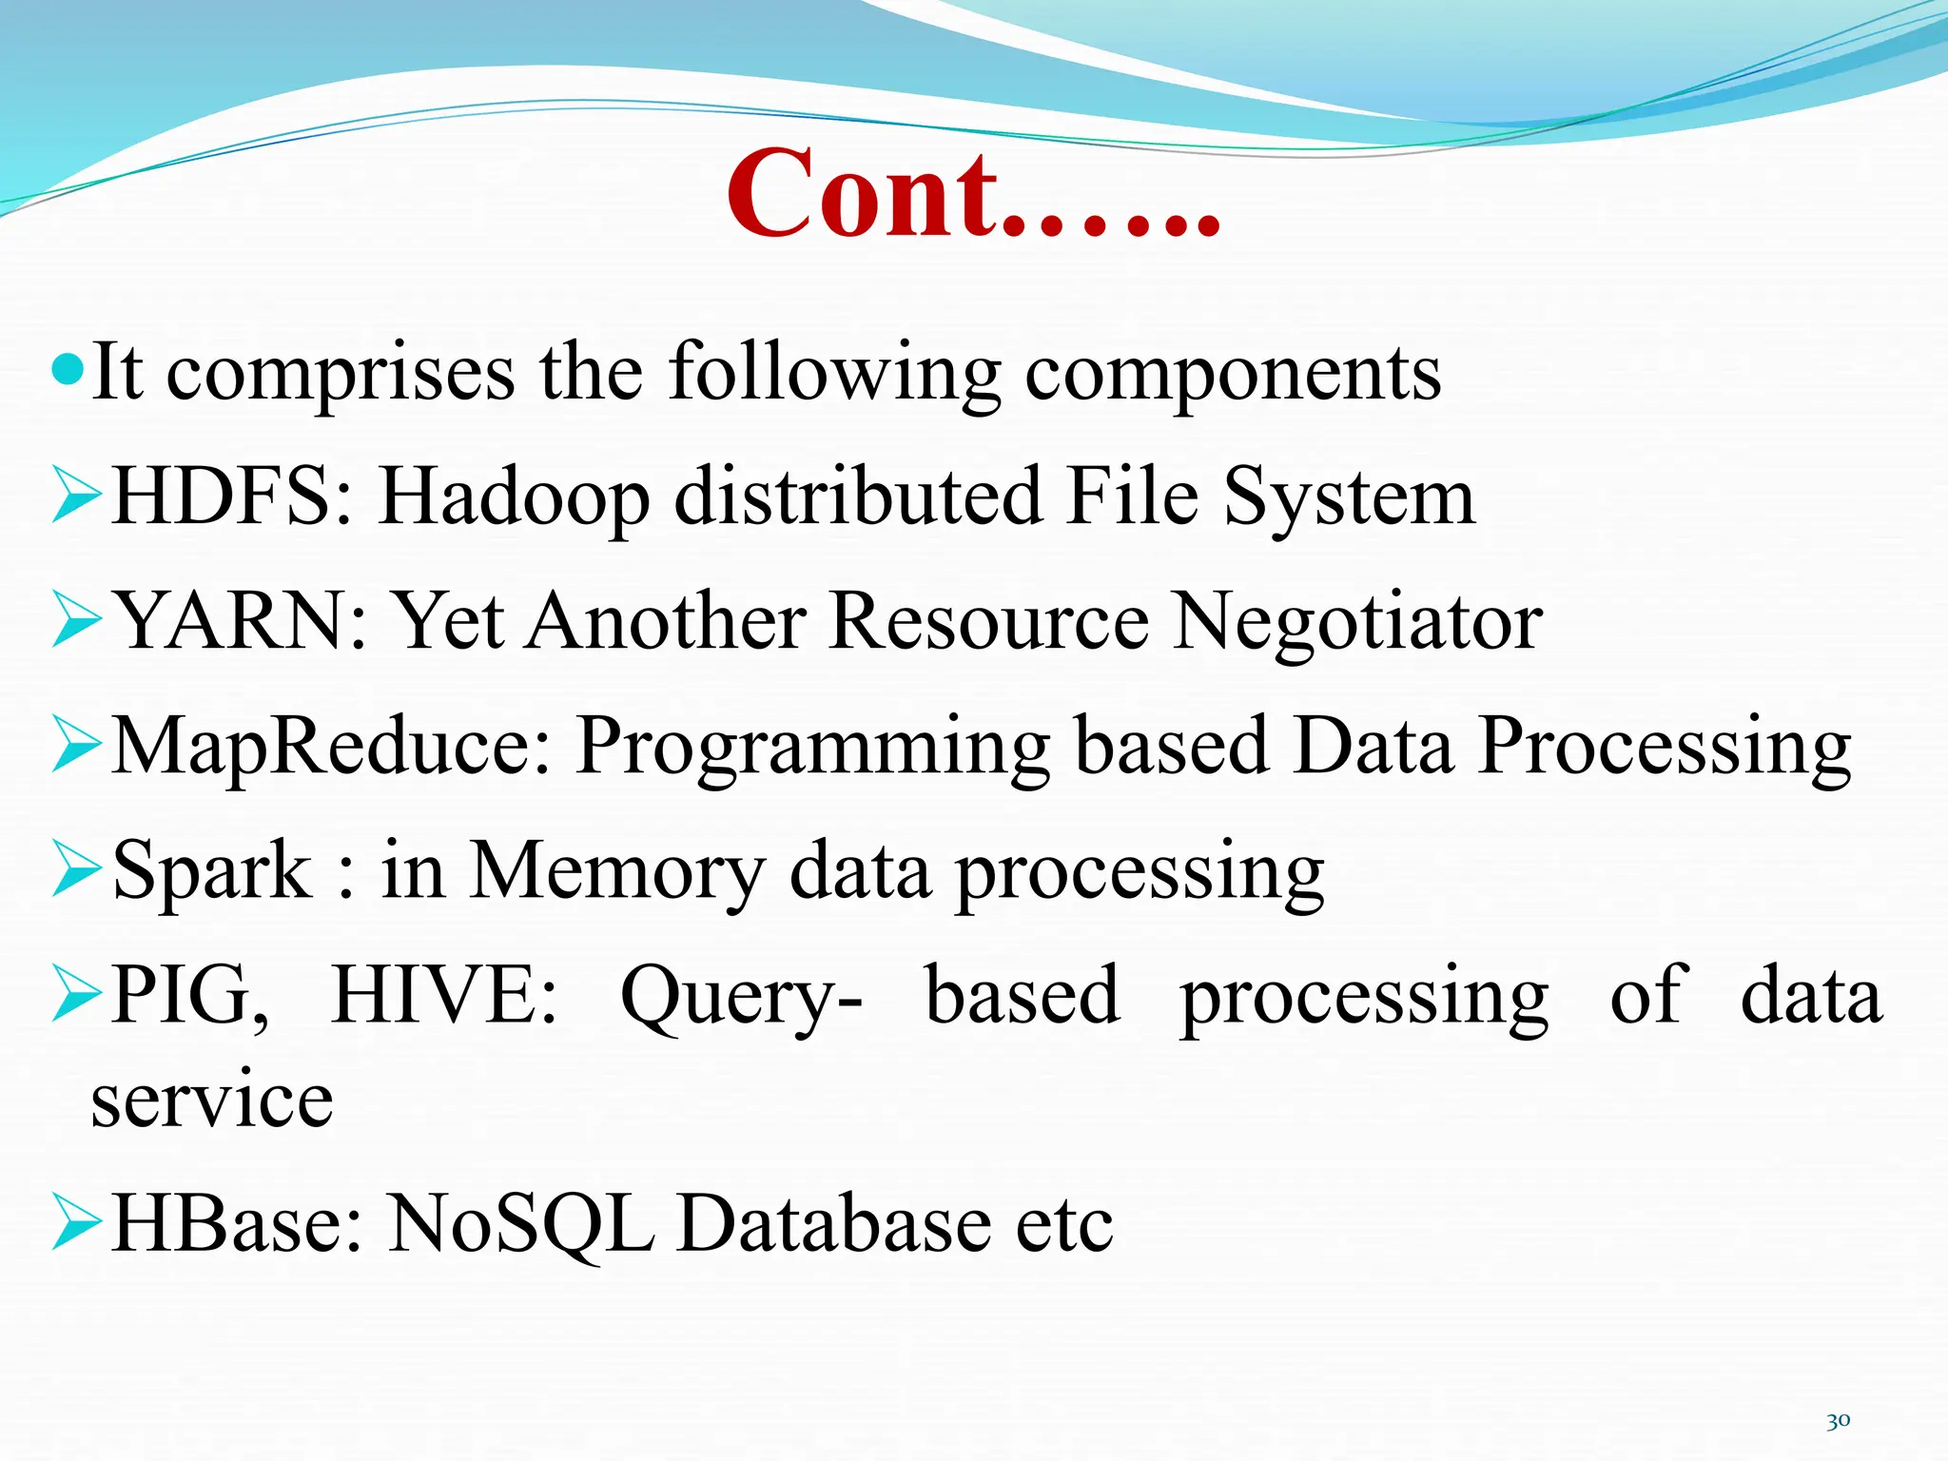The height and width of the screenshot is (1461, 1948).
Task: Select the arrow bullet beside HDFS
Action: tap(76, 496)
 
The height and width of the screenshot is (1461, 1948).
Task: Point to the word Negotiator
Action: tap(1357, 621)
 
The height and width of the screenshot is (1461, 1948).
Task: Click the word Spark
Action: tap(211, 870)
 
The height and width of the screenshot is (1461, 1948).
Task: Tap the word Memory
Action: tap(617, 870)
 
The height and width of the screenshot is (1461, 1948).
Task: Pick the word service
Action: tap(212, 1101)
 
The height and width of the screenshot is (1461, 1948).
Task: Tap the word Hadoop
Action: tap(515, 497)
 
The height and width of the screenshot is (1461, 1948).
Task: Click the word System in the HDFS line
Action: tap(1348, 497)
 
